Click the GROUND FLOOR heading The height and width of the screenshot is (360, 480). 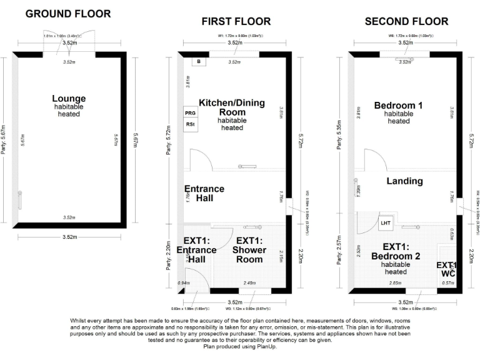pyautogui.click(x=68, y=13)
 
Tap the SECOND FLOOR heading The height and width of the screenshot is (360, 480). pyautogui.click(x=406, y=21)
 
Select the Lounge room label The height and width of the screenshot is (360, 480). pyautogui.click(x=69, y=99)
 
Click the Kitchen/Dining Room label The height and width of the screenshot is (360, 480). pyautogui.click(x=232, y=107)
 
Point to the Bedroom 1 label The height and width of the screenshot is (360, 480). pyautogui.click(x=398, y=106)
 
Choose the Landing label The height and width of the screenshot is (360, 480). pyautogui.click(x=404, y=181)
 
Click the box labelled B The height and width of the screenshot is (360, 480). pyautogui.click(x=199, y=62)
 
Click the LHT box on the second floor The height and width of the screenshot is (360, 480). pyautogui.click(x=385, y=222)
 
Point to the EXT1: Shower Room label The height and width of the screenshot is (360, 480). pyautogui.click(x=251, y=246)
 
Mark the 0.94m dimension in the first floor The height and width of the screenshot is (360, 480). pyautogui.click(x=183, y=283)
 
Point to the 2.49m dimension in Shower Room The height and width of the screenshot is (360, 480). pyautogui.click(x=249, y=283)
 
